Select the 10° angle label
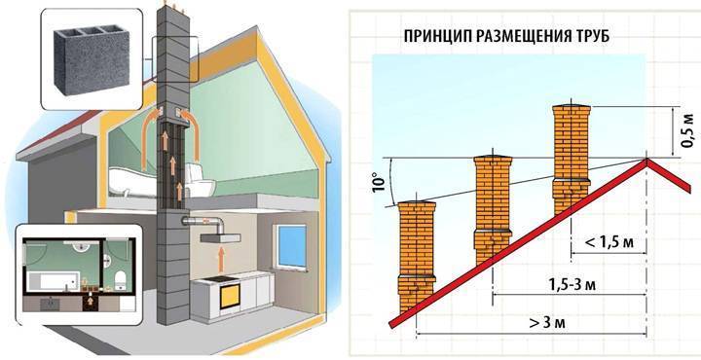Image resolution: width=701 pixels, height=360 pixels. point(378,182)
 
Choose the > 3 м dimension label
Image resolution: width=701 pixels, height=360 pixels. point(547,322)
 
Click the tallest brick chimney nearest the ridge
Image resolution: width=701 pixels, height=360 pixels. point(572,159)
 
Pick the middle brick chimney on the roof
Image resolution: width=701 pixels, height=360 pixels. point(493,207)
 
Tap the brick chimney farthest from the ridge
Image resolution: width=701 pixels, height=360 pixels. point(417,257)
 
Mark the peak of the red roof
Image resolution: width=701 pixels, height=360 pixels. point(646,160)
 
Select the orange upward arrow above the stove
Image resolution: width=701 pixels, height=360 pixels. point(220,261)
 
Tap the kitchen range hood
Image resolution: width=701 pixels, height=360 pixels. point(220,238)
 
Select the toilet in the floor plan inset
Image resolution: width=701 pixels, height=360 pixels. point(120,280)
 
